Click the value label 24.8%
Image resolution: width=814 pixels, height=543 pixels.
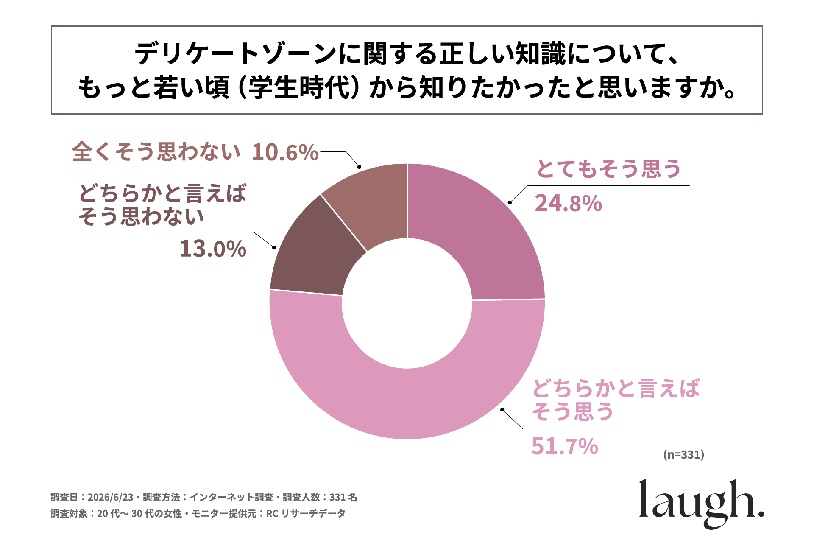tap(568, 203)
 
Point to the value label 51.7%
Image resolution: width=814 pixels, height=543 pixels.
tap(564, 446)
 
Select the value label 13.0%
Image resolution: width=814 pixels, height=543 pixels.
tap(213, 249)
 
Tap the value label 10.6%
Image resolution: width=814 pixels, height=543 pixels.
tap(285, 152)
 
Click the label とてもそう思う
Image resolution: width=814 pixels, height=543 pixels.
tap(608, 169)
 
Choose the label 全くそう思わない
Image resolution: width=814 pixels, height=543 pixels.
tap(156, 152)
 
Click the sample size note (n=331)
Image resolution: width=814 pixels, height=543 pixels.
tap(683, 454)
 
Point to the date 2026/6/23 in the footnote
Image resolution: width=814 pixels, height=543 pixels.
tap(111, 497)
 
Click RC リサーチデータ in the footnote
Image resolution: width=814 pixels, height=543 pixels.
tap(306, 514)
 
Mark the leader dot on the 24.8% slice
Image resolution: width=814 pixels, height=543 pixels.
tap(510, 202)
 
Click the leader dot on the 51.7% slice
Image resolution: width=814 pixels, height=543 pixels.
tap(502, 409)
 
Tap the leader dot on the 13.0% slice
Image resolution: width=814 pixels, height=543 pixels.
tap(274, 247)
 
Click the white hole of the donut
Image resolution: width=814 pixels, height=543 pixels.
tap(407, 303)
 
